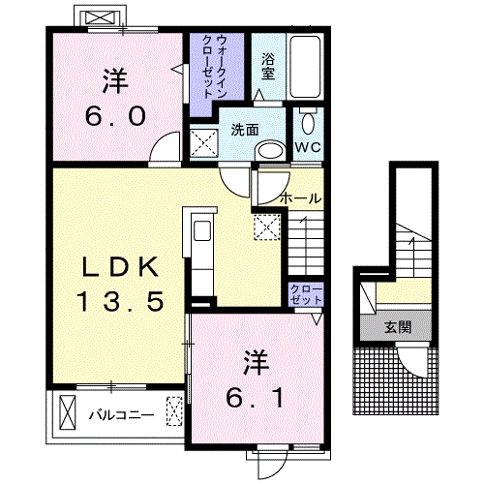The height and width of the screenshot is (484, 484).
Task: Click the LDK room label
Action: [x=120, y=266]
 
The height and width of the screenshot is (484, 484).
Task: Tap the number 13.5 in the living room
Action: [x=120, y=301]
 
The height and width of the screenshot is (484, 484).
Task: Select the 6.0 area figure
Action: [x=115, y=116]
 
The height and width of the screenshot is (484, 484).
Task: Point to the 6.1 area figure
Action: [x=255, y=398]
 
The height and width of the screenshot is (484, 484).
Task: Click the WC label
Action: [x=308, y=147]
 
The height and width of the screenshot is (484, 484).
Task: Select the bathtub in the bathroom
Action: [x=305, y=67]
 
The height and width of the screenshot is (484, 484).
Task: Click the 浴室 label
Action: [x=268, y=67]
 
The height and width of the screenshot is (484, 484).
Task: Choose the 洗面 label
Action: [x=245, y=130]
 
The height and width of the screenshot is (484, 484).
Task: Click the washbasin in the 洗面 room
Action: [x=270, y=151]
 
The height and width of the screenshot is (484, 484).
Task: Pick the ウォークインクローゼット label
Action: [x=214, y=67]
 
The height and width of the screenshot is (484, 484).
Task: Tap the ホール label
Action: [x=301, y=198]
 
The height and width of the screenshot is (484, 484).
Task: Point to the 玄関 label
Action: [x=398, y=327]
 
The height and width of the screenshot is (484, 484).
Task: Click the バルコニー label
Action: [x=121, y=415]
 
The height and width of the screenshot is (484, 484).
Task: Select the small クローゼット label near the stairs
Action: [x=306, y=294]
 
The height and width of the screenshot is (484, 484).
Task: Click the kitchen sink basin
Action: [x=202, y=230]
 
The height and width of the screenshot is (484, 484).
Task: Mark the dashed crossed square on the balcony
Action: [x=174, y=410]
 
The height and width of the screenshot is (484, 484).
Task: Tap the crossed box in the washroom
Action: [x=203, y=143]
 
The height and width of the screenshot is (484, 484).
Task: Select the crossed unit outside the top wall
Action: [x=101, y=17]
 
